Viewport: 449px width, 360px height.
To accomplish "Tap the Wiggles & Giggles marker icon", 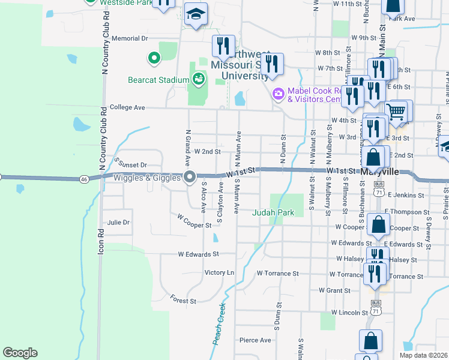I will [x=190, y=177].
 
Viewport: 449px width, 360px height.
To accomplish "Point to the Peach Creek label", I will [x=219, y=324].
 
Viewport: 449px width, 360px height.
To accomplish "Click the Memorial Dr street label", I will [x=129, y=38].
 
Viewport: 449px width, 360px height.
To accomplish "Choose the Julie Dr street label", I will [x=118, y=223].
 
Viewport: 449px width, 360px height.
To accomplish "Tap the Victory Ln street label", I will [x=219, y=272].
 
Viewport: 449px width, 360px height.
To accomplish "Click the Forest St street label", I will [x=183, y=299].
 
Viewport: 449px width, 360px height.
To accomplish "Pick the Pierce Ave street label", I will [x=255, y=340].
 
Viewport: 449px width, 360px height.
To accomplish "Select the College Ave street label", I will [x=127, y=107].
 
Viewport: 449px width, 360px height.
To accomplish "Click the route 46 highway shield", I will [x=83, y=179].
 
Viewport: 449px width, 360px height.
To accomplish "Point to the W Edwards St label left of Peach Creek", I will [x=198, y=254].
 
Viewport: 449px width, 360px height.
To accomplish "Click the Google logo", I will [x=20, y=353].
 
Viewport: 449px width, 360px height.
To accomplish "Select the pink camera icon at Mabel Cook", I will [x=277, y=94].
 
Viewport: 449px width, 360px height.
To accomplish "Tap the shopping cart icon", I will [x=396, y=112].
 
